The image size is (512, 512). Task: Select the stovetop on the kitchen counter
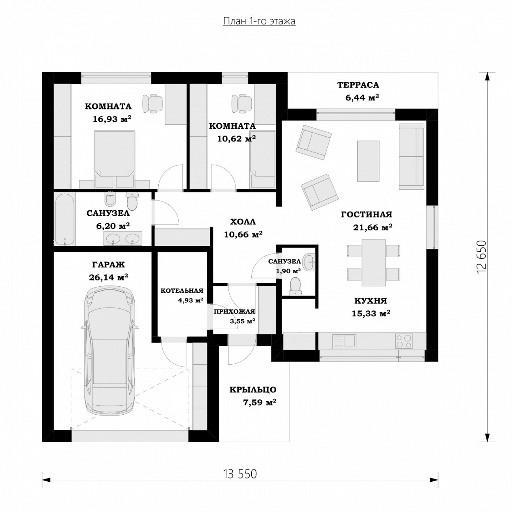pyautogui.click(x=404, y=341)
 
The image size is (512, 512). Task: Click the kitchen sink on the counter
pyautogui.click(x=344, y=341)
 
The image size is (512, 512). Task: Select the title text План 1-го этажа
pyautogui.click(x=259, y=21)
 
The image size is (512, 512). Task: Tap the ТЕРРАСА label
pyautogui.click(x=358, y=85)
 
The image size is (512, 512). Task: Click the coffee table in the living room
pyautogui.click(x=368, y=161)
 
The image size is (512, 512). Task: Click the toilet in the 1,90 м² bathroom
pyautogui.click(x=295, y=286)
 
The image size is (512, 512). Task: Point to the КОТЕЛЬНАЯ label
pyautogui.click(x=182, y=291)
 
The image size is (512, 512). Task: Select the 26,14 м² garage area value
pyautogui.click(x=108, y=277)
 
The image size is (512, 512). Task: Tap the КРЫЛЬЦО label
pyautogui.click(x=253, y=390)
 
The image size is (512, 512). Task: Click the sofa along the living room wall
pyautogui.click(x=411, y=157)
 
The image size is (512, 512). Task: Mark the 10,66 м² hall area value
pyautogui.click(x=243, y=234)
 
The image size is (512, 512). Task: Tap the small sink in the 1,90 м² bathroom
pyautogui.click(x=309, y=262)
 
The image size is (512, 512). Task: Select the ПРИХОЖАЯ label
pyautogui.click(x=234, y=312)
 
